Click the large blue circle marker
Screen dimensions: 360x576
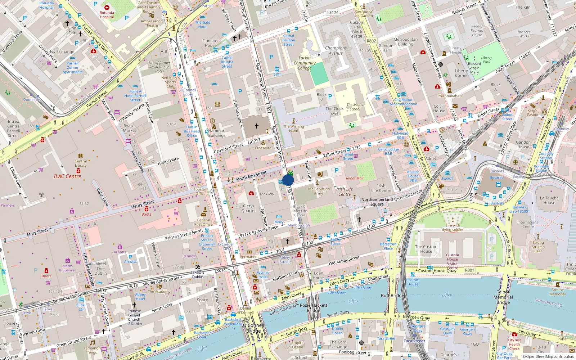(288, 180)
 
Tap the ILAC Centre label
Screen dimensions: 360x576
(67, 176)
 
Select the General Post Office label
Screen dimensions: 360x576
(203, 222)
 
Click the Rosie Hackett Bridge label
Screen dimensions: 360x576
(313, 307)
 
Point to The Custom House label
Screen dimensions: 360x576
(426, 249)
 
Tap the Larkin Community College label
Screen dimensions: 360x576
(305, 63)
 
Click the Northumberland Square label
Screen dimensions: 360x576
(377, 202)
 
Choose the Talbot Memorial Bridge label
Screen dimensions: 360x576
(503, 297)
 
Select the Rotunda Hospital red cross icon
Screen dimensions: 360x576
(107, 7)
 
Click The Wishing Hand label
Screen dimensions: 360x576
(293, 129)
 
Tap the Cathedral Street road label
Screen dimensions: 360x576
(229, 148)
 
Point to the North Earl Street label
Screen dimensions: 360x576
(251, 176)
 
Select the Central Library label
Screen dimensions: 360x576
(81, 163)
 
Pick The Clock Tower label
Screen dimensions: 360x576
(334, 111)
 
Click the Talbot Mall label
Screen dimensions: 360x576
(354, 178)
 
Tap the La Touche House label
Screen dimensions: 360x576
(549, 200)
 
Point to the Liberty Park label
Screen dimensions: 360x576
(486, 60)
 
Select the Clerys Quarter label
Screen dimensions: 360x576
(248, 208)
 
